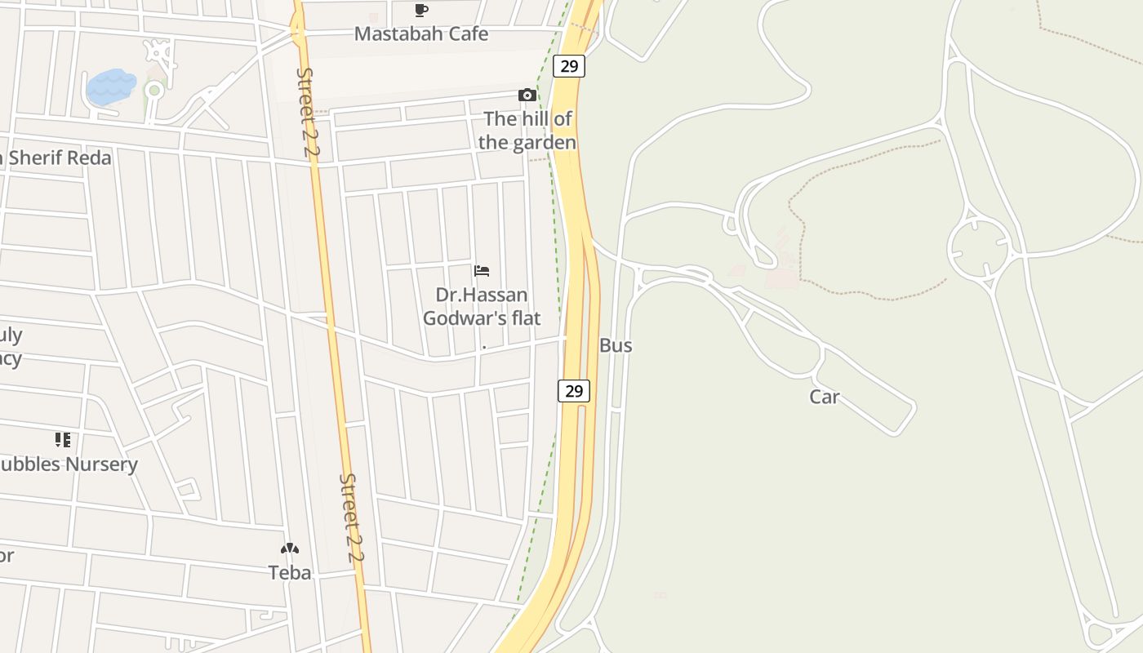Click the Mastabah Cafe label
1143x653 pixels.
[421, 34]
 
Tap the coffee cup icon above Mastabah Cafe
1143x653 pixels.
[421, 11]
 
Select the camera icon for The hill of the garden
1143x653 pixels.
[527, 96]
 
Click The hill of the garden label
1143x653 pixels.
[527, 131]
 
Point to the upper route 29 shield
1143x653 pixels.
[569, 66]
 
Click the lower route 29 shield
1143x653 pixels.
[574, 391]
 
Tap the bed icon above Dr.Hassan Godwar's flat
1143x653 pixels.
[482, 271]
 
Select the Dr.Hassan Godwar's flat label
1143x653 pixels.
[482, 306]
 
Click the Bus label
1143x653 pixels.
[616, 345]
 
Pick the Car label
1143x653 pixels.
[825, 398]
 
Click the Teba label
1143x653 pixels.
[290, 573]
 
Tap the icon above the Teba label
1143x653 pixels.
[290, 549]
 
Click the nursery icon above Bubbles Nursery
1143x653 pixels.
[63, 441]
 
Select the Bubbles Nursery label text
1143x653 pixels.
[69, 464]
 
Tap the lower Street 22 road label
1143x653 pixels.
[352, 518]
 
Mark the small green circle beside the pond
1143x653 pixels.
[153, 91]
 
